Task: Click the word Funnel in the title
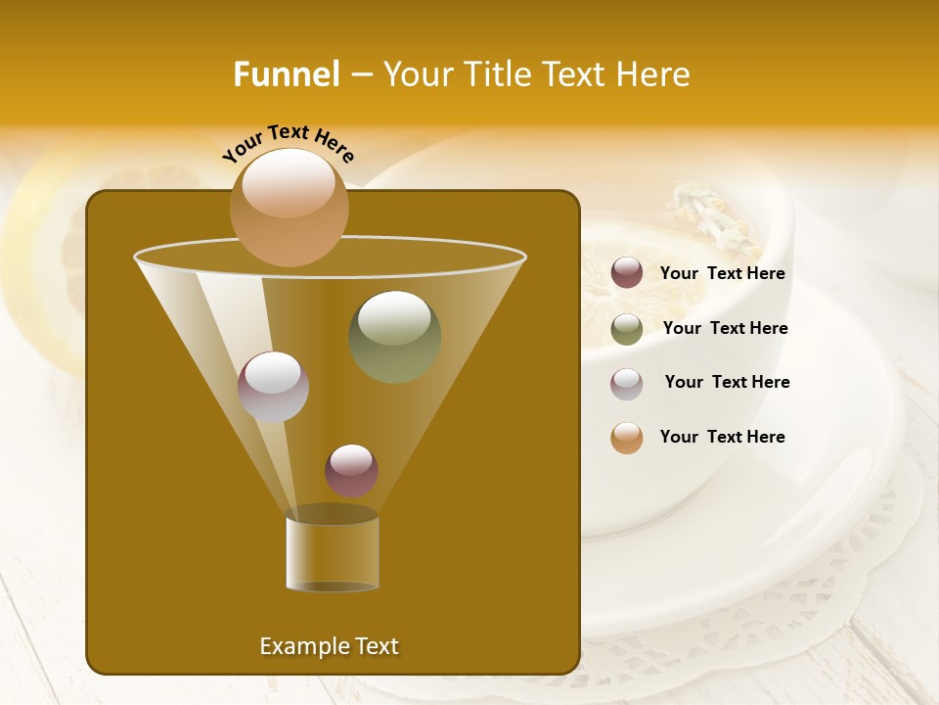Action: coord(286,74)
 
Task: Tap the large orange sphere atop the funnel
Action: coord(289,207)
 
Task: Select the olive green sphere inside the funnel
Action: coord(394,336)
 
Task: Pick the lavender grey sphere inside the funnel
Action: coord(273,386)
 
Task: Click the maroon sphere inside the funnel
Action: coord(351,470)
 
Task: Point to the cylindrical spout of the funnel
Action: coord(332,554)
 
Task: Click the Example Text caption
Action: coord(329,646)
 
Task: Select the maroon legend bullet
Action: coord(627,273)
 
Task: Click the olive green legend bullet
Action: coord(627,329)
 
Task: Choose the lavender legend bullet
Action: coord(627,384)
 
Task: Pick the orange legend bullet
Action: coord(627,438)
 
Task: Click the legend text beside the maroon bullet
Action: coord(722,274)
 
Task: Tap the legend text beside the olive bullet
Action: coord(725,328)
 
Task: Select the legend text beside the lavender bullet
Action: coord(727,382)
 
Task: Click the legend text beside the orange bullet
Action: coord(722,437)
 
